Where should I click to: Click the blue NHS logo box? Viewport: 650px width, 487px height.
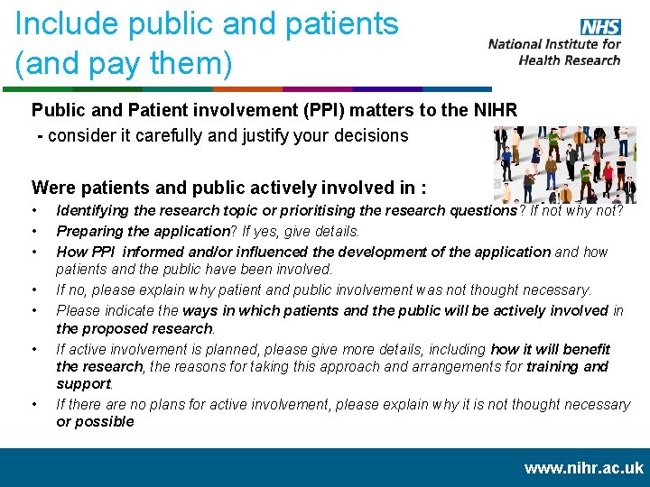(600, 27)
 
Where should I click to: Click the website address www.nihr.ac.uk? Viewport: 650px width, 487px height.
(584, 467)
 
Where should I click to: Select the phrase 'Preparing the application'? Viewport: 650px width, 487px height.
(138, 231)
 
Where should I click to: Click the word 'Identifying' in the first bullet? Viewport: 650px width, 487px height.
(93, 210)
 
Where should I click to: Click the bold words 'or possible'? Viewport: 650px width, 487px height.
(95, 421)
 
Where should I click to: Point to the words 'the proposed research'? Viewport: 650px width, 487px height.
(135, 328)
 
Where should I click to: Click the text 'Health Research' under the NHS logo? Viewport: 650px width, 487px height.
(569, 60)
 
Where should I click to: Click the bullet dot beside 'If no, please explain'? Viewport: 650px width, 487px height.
(33, 290)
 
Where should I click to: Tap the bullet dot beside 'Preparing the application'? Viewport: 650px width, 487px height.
(33, 231)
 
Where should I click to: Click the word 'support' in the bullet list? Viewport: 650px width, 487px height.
(81, 383)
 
